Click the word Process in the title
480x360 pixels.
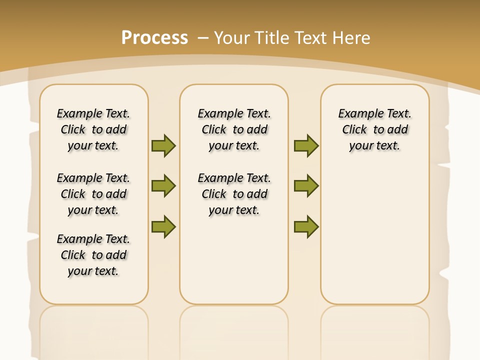coord(154,37)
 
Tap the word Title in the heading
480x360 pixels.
coord(272,37)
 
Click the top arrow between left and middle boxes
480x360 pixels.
coord(163,145)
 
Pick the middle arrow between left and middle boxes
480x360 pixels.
coord(163,186)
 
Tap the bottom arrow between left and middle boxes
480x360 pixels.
coord(163,226)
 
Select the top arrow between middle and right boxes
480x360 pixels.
coord(306,145)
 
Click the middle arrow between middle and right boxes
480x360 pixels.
coord(306,186)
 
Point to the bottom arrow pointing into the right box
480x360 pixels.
coord(306,226)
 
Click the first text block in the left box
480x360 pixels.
coord(93,129)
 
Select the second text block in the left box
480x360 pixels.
coord(93,194)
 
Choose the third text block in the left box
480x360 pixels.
coord(93,255)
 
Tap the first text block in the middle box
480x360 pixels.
coord(234,129)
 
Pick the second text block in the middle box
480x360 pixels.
coord(234,194)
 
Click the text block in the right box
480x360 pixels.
coord(375,129)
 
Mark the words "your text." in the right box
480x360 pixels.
coord(374,146)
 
